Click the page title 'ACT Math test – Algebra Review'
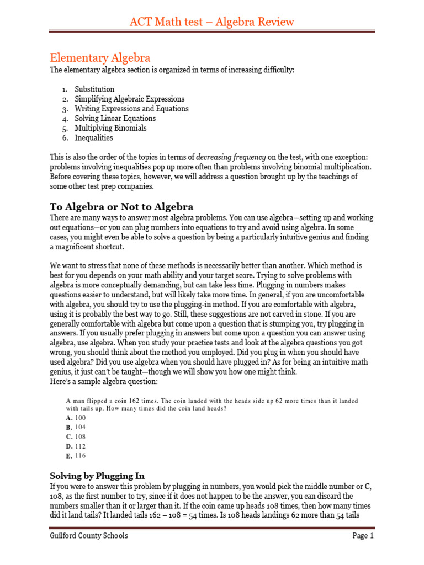point(212,22)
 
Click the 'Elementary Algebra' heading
point(100,58)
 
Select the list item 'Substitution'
point(94,89)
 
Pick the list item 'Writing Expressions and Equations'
point(131,109)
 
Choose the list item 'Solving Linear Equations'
point(115,119)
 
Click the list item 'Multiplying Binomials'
point(110,128)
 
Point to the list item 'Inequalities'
point(94,138)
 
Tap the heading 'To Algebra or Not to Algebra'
point(121,207)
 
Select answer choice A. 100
point(76,418)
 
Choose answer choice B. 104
point(76,428)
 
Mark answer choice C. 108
point(76,437)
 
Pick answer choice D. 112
point(76,446)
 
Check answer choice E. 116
point(76,456)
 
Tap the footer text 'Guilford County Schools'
point(88,536)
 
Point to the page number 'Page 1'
point(363,536)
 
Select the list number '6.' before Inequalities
point(65,138)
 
